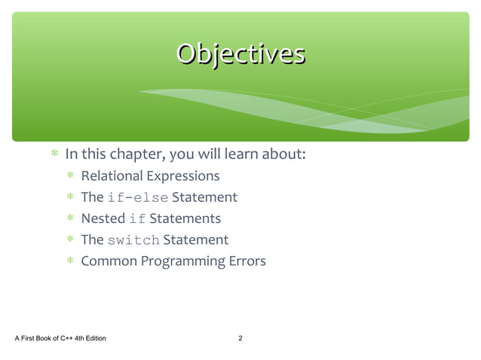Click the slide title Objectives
click(x=240, y=54)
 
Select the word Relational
click(x=111, y=176)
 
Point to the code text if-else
click(x=138, y=198)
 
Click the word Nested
click(x=103, y=219)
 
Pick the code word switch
click(x=133, y=240)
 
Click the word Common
click(x=109, y=262)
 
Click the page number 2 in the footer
click(x=240, y=339)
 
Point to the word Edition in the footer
click(x=93, y=339)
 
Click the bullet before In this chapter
click(x=54, y=155)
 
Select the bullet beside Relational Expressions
click(x=70, y=176)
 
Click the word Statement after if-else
click(x=204, y=198)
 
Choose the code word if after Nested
click(x=137, y=219)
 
